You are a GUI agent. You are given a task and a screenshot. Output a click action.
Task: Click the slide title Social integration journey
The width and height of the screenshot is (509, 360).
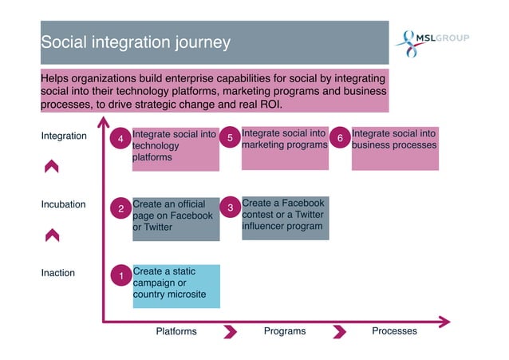pyautogui.click(x=136, y=42)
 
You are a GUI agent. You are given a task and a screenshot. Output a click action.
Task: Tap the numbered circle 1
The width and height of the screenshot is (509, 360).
pyautogui.click(x=120, y=277)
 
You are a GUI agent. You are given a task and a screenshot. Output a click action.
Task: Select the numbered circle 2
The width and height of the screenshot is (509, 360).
pyautogui.click(x=120, y=209)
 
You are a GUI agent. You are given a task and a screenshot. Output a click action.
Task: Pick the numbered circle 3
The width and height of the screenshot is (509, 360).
pyautogui.click(x=230, y=208)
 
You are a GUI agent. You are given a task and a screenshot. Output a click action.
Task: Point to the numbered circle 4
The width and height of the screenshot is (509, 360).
pyautogui.click(x=120, y=140)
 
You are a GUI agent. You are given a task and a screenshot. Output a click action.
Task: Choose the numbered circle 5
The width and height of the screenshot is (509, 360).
pyautogui.click(x=230, y=139)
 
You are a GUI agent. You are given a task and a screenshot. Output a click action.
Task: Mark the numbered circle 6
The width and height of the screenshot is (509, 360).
pyautogui.click(x=340, y=139)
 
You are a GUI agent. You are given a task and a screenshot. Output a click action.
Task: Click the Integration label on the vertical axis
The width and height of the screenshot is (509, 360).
pyautogui.click(x=64, y=136)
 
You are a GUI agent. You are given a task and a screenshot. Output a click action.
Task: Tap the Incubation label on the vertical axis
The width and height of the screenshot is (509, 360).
pyautogui.click(x=63, y=204)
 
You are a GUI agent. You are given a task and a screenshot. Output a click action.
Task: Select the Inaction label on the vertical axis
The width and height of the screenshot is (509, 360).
pyautogui.click(x=57, y=273)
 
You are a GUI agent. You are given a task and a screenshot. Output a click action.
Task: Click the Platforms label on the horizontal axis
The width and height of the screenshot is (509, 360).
pyautogui.click(x=176, y=331)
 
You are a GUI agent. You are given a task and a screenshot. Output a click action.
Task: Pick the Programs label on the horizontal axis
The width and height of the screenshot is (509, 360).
pyautogui.click(x=285, y=331)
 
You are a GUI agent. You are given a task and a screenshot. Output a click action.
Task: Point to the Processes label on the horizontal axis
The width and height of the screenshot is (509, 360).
pyautogui.click(x=394, y=331)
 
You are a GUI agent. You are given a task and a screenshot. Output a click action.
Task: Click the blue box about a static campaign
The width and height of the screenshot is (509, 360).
pyautogui.click(x=176, y=286)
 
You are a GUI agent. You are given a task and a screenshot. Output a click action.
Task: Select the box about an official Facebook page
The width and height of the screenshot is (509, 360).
pyautogui.click(x=176, y=218)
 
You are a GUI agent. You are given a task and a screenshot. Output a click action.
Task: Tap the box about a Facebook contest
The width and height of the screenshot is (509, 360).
pyautogui.click(x=285, y=216)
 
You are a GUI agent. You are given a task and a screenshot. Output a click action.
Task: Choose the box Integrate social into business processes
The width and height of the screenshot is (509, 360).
pyautogui.click(x=395, y=148)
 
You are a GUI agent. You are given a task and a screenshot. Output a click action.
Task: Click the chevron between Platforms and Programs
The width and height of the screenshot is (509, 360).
pyautogui.click(x=231, y=331)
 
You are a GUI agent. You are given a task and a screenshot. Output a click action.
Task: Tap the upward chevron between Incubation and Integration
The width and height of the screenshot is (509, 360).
pyautogui.click(x=52, y=166)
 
